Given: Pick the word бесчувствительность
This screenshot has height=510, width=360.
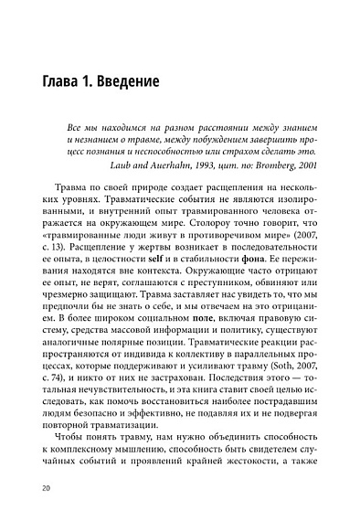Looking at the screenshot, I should [x=108, y=417].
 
